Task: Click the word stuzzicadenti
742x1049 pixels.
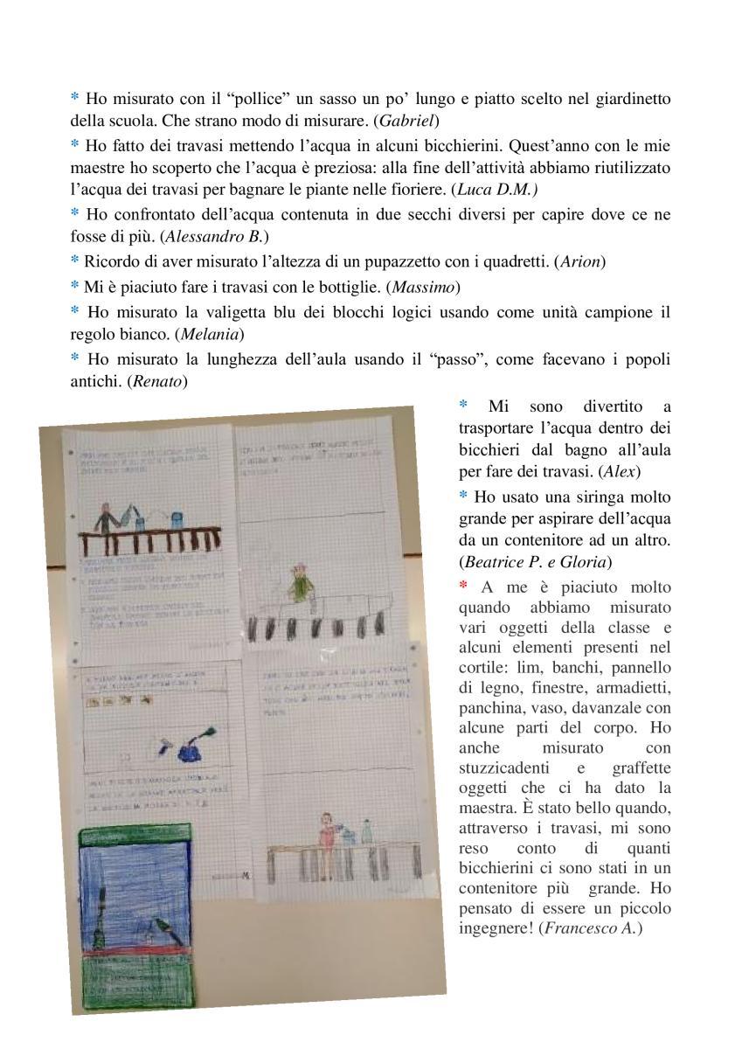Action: [x=504, y=768]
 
